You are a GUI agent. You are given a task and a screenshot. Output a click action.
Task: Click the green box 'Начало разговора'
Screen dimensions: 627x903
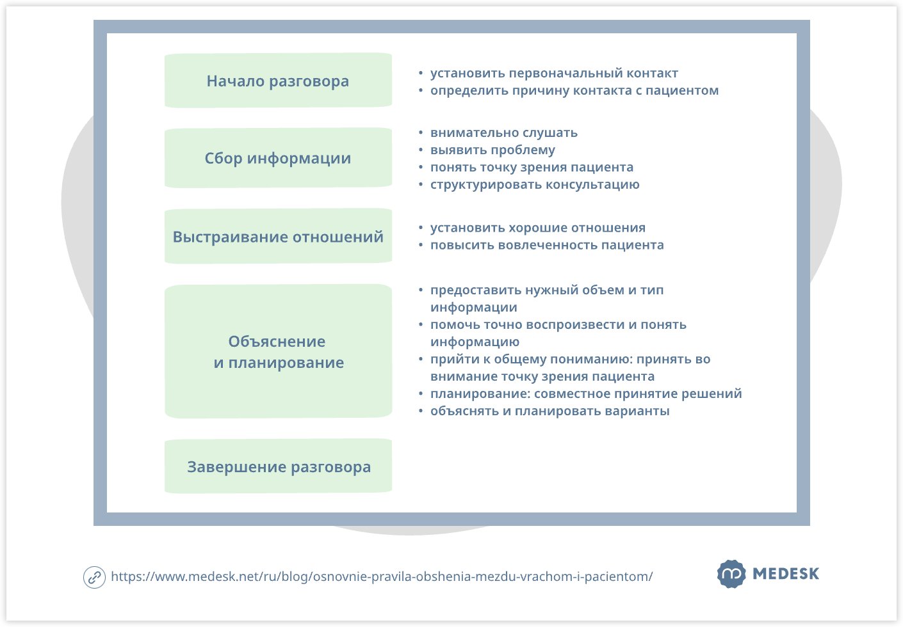[x=278, y=81]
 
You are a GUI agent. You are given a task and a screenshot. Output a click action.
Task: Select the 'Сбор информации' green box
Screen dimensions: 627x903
[x=278, y=158]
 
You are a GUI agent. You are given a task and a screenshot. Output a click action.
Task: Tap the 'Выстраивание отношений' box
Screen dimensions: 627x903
[x=278, y=237]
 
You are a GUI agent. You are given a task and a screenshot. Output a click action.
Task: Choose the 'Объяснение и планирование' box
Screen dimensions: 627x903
[x=278, y=352]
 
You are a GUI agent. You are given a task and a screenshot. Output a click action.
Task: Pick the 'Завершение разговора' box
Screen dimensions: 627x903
[x=278, y=467]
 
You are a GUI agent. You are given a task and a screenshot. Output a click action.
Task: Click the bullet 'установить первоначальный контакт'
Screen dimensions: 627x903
[x=554, y=74]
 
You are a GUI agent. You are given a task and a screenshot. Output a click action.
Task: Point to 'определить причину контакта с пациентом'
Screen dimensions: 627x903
[x=574, y=91]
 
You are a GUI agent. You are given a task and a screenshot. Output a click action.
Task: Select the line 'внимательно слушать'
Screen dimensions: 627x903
[x=504, y=133]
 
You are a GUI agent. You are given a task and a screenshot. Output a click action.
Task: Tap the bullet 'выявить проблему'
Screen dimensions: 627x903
[x=492, y=150]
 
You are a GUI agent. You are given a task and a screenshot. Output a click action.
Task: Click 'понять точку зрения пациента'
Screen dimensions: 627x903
[x=532, y=168]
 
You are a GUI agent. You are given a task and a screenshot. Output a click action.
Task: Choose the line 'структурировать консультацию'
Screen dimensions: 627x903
[x=535, y=185]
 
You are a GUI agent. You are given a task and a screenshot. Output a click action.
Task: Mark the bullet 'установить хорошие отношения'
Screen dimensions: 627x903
[x=538, y=228]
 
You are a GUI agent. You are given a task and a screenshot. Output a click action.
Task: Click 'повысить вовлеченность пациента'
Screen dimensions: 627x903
[x=547, y=245]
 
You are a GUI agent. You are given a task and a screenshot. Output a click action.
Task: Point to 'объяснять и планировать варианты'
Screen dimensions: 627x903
[x=549, y=411]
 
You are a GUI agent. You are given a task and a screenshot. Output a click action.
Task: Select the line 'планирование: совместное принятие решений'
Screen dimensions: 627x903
[x=586, y=393]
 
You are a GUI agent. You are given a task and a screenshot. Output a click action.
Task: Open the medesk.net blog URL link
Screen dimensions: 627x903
[x=382, y=576]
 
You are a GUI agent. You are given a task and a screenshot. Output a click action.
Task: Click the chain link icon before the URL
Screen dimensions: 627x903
[x=94, y=577]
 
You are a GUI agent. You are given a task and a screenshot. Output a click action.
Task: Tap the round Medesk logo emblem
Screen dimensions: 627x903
[x=731, y=574]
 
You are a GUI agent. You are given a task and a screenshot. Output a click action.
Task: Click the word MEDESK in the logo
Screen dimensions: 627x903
[x=786, y=574]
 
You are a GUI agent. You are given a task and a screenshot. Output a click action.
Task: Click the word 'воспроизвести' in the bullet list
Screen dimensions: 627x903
[x=575, y=325]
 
